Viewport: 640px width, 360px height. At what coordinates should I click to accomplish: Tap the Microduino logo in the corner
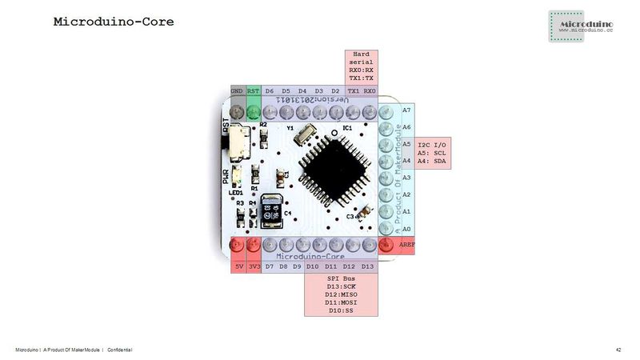(581, 26)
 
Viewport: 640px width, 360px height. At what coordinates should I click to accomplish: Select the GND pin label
(237, 91)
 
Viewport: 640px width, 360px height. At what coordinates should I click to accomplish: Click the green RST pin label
(253, 91)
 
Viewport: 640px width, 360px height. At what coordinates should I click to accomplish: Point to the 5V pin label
(238, 266)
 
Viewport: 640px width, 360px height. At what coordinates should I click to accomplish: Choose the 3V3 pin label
(254, 266)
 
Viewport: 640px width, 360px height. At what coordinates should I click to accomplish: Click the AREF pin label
(407, 245)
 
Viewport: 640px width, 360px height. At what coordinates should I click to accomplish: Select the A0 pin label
(407, 228)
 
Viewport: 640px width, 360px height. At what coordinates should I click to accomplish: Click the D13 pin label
(367, 266)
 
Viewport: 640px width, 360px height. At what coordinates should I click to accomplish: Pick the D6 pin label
(270, 91)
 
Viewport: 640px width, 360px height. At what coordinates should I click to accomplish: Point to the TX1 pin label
(353, 91)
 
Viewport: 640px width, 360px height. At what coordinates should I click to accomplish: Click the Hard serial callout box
(362, 66)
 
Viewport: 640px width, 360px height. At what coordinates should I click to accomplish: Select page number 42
(618, 350)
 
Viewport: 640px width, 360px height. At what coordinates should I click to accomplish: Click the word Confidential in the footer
(120, 350)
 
